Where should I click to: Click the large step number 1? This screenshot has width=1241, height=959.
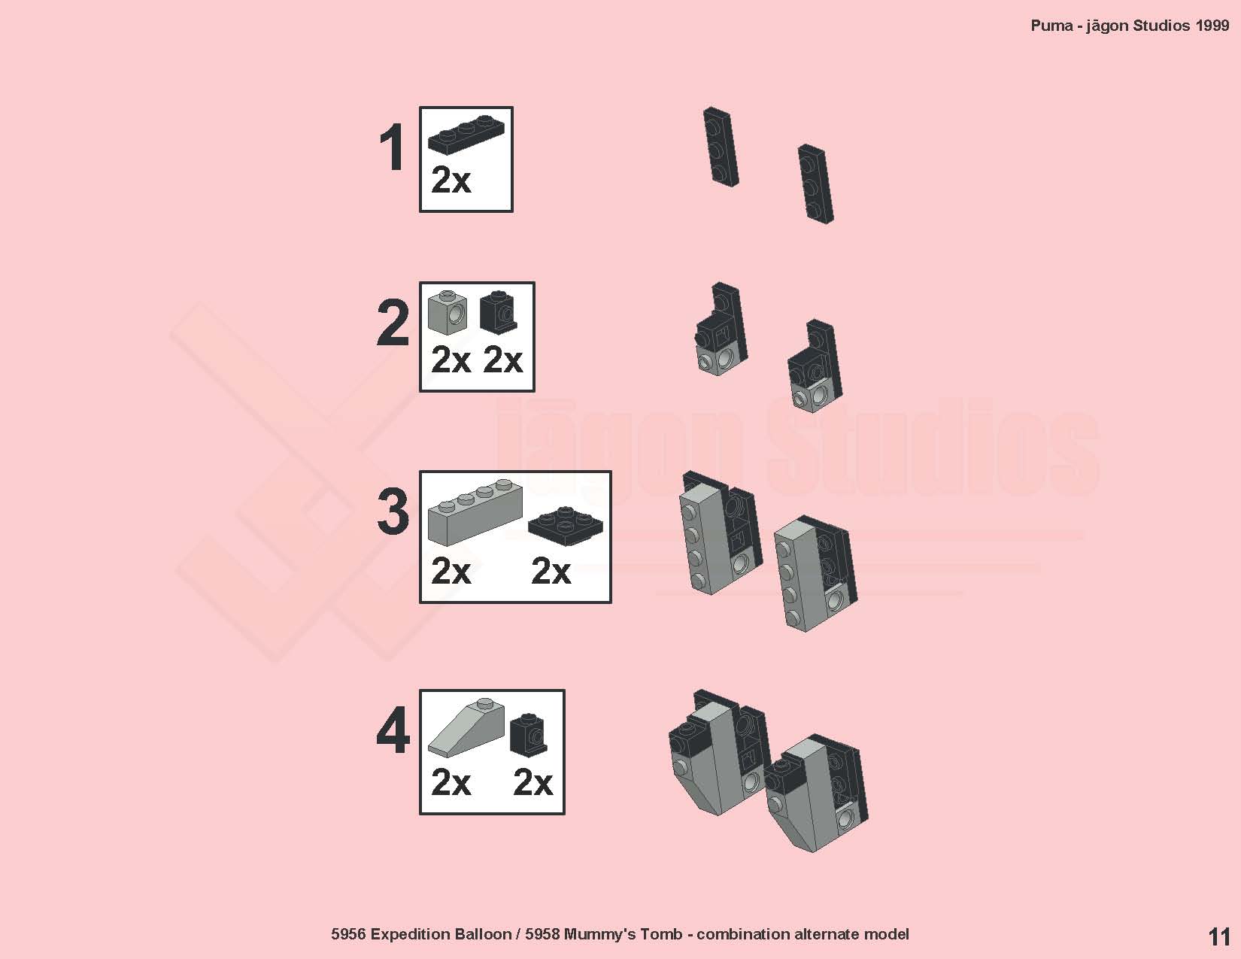coord(393,147)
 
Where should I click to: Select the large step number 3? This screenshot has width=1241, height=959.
coord(393,511)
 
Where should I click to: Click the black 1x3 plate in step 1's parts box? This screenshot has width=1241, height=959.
coord(466,135)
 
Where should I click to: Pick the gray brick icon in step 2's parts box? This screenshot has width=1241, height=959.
coord(448,312)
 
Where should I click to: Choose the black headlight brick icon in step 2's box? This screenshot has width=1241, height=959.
coord(498,312)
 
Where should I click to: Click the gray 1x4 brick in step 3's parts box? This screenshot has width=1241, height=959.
coord(475,511)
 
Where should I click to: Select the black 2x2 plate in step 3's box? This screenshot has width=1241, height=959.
coord(566,526)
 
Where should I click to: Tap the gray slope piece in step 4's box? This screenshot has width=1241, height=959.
coord(466,725)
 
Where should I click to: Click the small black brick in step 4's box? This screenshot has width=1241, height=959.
coord(529,734)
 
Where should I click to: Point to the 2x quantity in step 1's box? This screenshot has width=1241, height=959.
coord(451,181)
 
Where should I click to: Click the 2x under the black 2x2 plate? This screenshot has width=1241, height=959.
coord(551,571)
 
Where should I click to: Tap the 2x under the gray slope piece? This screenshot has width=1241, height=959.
coord(451,782)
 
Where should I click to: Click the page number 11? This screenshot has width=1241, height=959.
coord(1219,936)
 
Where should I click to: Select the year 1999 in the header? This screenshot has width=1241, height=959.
coord(1212,26)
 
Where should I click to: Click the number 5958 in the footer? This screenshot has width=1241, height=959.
coord(542,934)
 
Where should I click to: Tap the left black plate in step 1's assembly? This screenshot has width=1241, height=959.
coord(721,146)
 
